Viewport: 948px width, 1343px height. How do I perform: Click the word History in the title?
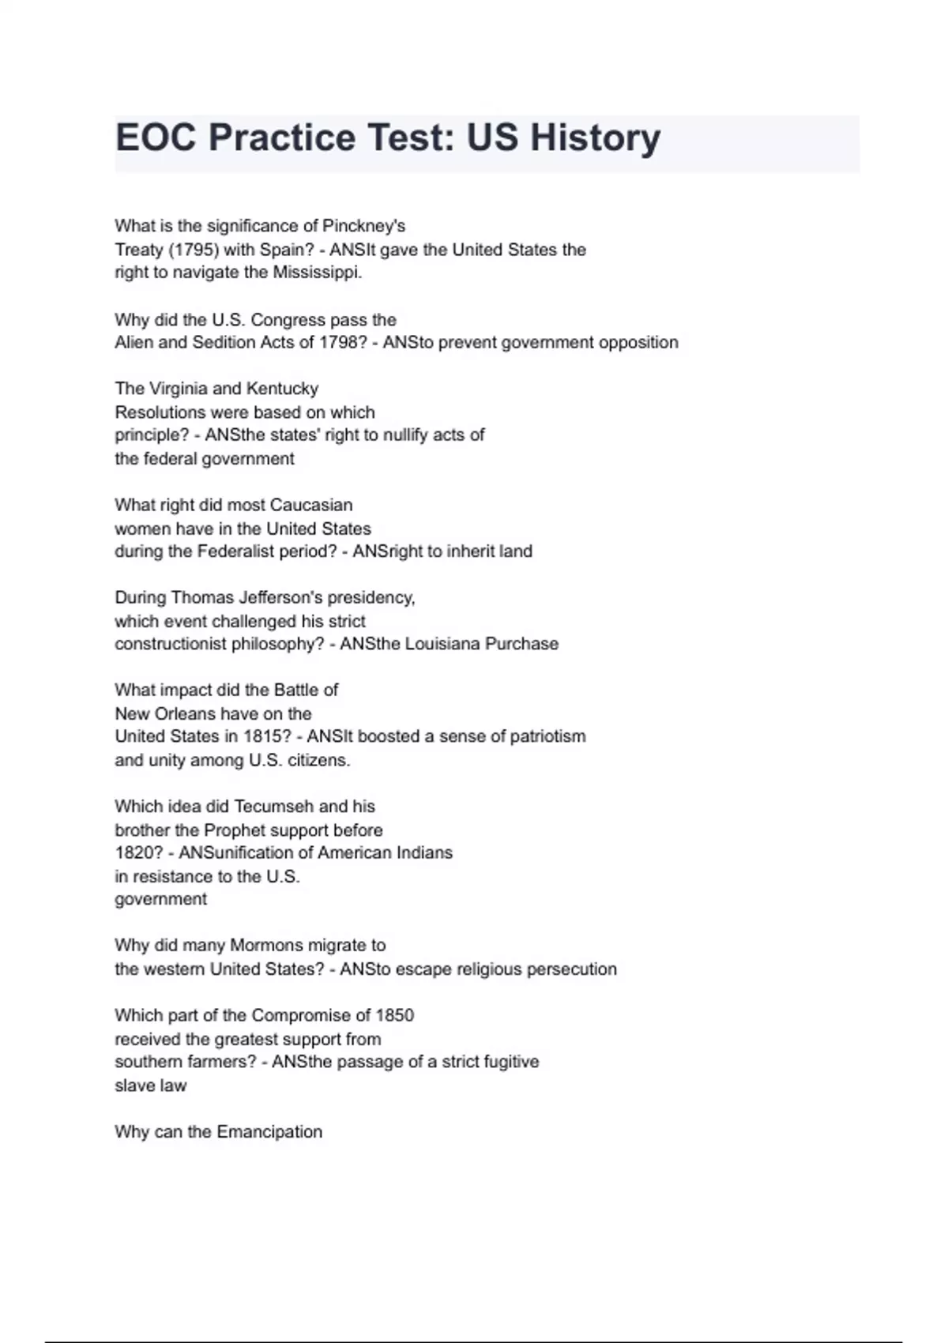[x=595, y=138]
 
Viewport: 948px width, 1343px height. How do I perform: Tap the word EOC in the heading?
[x=156, y=138]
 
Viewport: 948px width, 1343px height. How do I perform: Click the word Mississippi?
[x=318, y=273]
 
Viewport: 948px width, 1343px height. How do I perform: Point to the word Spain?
[x=287, y=250]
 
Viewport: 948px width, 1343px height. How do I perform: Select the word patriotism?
[x=547, y=737]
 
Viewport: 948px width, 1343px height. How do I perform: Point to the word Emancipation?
[x=269, y=1132]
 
